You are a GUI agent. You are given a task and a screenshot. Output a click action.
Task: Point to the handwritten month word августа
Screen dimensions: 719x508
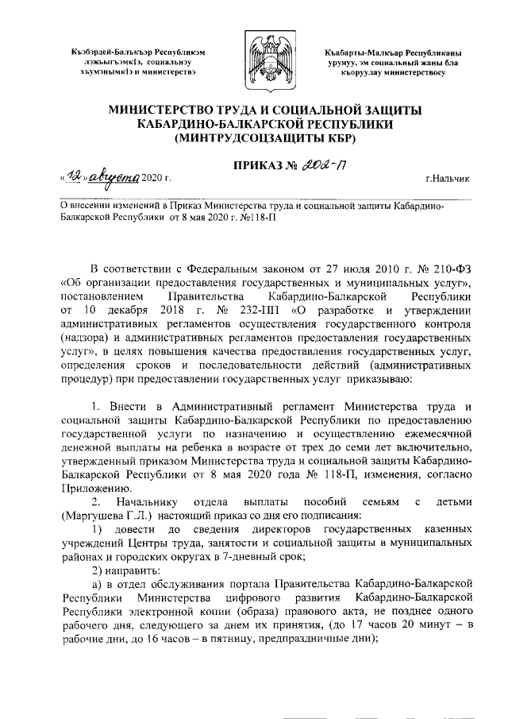(114, 178)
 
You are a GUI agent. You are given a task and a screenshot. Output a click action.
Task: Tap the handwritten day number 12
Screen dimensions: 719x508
(73, 179)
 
